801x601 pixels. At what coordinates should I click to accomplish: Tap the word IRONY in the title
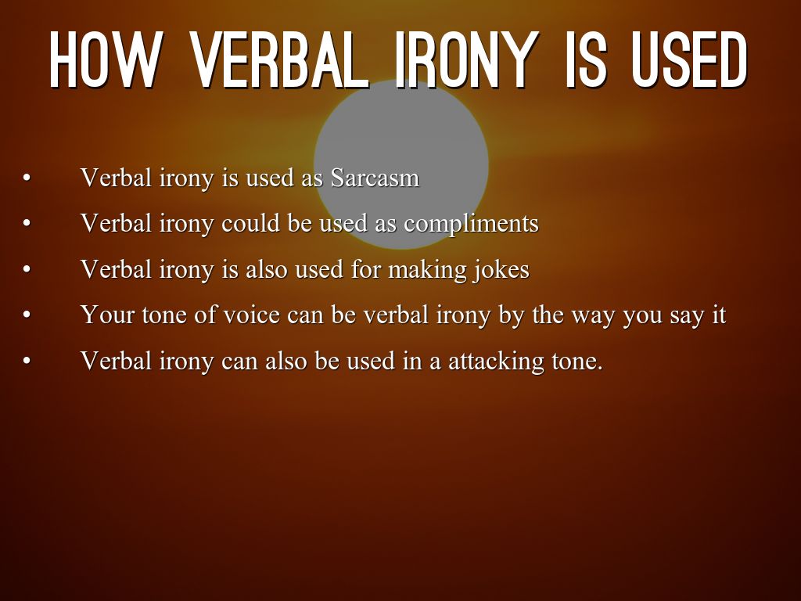coord(467,59)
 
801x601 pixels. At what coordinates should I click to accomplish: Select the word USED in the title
coord(689,59)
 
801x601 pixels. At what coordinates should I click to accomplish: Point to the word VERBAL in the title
coord(279,59)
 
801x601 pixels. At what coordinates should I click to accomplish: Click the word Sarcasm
coord(375,178)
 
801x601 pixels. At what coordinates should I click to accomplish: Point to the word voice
coord(252,315)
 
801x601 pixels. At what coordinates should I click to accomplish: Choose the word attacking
coord(495,362)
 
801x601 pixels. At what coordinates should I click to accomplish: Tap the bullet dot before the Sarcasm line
coord(27,178)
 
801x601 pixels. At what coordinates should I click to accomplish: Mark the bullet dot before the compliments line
coord(27,224)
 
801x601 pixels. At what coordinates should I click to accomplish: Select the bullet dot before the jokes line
coord(27,269)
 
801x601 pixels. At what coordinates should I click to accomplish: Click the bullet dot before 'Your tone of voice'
coord(27,315)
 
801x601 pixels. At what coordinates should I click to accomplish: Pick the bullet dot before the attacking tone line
coord(27,361)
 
